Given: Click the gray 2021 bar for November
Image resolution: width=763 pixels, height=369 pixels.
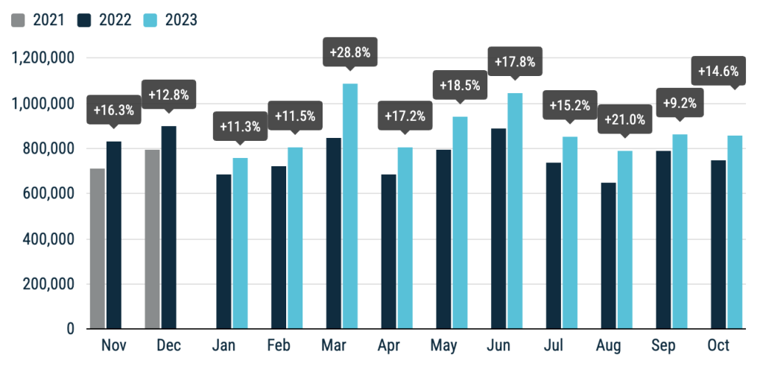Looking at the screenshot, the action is pos(98,248).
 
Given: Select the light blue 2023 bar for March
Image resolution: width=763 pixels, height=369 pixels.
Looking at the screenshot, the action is pos(350,206).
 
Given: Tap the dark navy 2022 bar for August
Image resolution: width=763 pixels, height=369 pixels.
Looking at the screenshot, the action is pos(608,256).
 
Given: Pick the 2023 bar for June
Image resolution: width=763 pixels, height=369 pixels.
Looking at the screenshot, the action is pos(515,211).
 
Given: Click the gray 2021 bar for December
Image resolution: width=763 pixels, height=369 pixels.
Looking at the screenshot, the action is pos(152,239).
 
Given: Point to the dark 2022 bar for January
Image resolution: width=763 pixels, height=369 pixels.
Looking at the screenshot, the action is pos(224,251).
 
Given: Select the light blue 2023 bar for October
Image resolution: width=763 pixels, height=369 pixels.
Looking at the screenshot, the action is pos(735,232).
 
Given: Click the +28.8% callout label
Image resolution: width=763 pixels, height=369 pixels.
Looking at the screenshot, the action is pos(350,52).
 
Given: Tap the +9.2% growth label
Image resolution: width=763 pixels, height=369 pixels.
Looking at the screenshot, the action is pos(680,103).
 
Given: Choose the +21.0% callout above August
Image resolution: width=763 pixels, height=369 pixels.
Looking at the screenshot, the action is pos(625,119).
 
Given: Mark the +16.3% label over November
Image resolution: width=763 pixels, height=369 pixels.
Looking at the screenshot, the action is pos(113,110).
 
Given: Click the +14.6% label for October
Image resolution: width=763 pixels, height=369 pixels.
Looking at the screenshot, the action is pos(718,71).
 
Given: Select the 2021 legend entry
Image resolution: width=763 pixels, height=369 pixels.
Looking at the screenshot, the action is pos(38,20).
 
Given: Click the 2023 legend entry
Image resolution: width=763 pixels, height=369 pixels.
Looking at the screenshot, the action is pos(171,20).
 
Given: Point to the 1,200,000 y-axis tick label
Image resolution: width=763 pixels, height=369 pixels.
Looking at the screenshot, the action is pos(43,58).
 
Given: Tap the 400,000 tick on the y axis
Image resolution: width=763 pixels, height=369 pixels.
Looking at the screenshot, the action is pos(48,239).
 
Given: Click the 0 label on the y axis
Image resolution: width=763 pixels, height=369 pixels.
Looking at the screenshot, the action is pos(71,329).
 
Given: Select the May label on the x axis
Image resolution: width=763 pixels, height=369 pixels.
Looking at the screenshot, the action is pos(444,346).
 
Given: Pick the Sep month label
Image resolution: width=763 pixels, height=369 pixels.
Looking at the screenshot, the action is pos(664,346).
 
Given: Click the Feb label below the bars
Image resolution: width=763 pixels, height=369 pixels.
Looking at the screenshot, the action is pos(279,345).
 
